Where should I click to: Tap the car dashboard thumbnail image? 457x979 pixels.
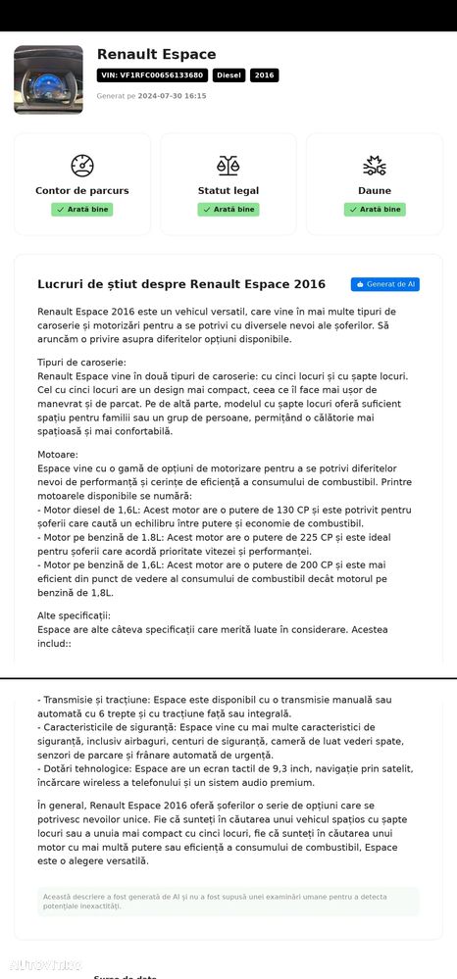pos(48,79)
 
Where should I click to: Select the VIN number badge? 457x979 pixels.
pos(152,75)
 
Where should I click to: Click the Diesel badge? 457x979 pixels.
pos(228,75)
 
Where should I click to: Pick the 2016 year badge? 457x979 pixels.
pos(264,75)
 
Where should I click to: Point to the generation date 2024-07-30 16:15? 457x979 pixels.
pos(172,96)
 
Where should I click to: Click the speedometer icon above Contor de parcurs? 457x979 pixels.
pos(82,166)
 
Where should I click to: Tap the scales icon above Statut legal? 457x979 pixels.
pos(228,166)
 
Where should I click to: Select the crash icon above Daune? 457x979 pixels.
pos(375,166)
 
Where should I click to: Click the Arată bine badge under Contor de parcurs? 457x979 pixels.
pos(82,210)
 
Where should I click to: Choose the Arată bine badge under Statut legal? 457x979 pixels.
pos(228,210)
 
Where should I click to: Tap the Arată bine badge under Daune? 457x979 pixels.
pos(375,210)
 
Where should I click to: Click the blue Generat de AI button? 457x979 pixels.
pos(385,284)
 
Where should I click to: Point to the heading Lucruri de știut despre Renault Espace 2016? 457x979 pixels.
pos(181,284)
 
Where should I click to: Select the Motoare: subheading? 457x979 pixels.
pos(58,455)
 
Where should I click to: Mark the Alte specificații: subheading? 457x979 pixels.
pos(75,615)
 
